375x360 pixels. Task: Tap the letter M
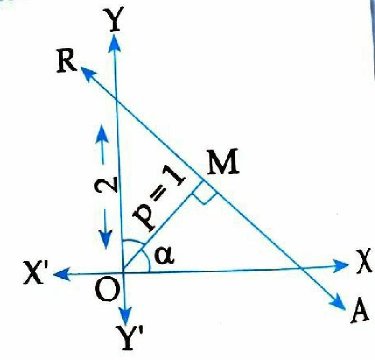coord(222,161)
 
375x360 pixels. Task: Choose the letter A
coord(360,311)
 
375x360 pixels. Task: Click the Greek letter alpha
coord(164,256)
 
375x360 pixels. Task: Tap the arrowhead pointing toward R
coord(88,74)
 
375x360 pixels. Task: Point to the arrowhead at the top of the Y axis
coord(115,43)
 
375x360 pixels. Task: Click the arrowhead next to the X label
coord(340,265)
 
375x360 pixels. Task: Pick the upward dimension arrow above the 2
coord(102,144)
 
